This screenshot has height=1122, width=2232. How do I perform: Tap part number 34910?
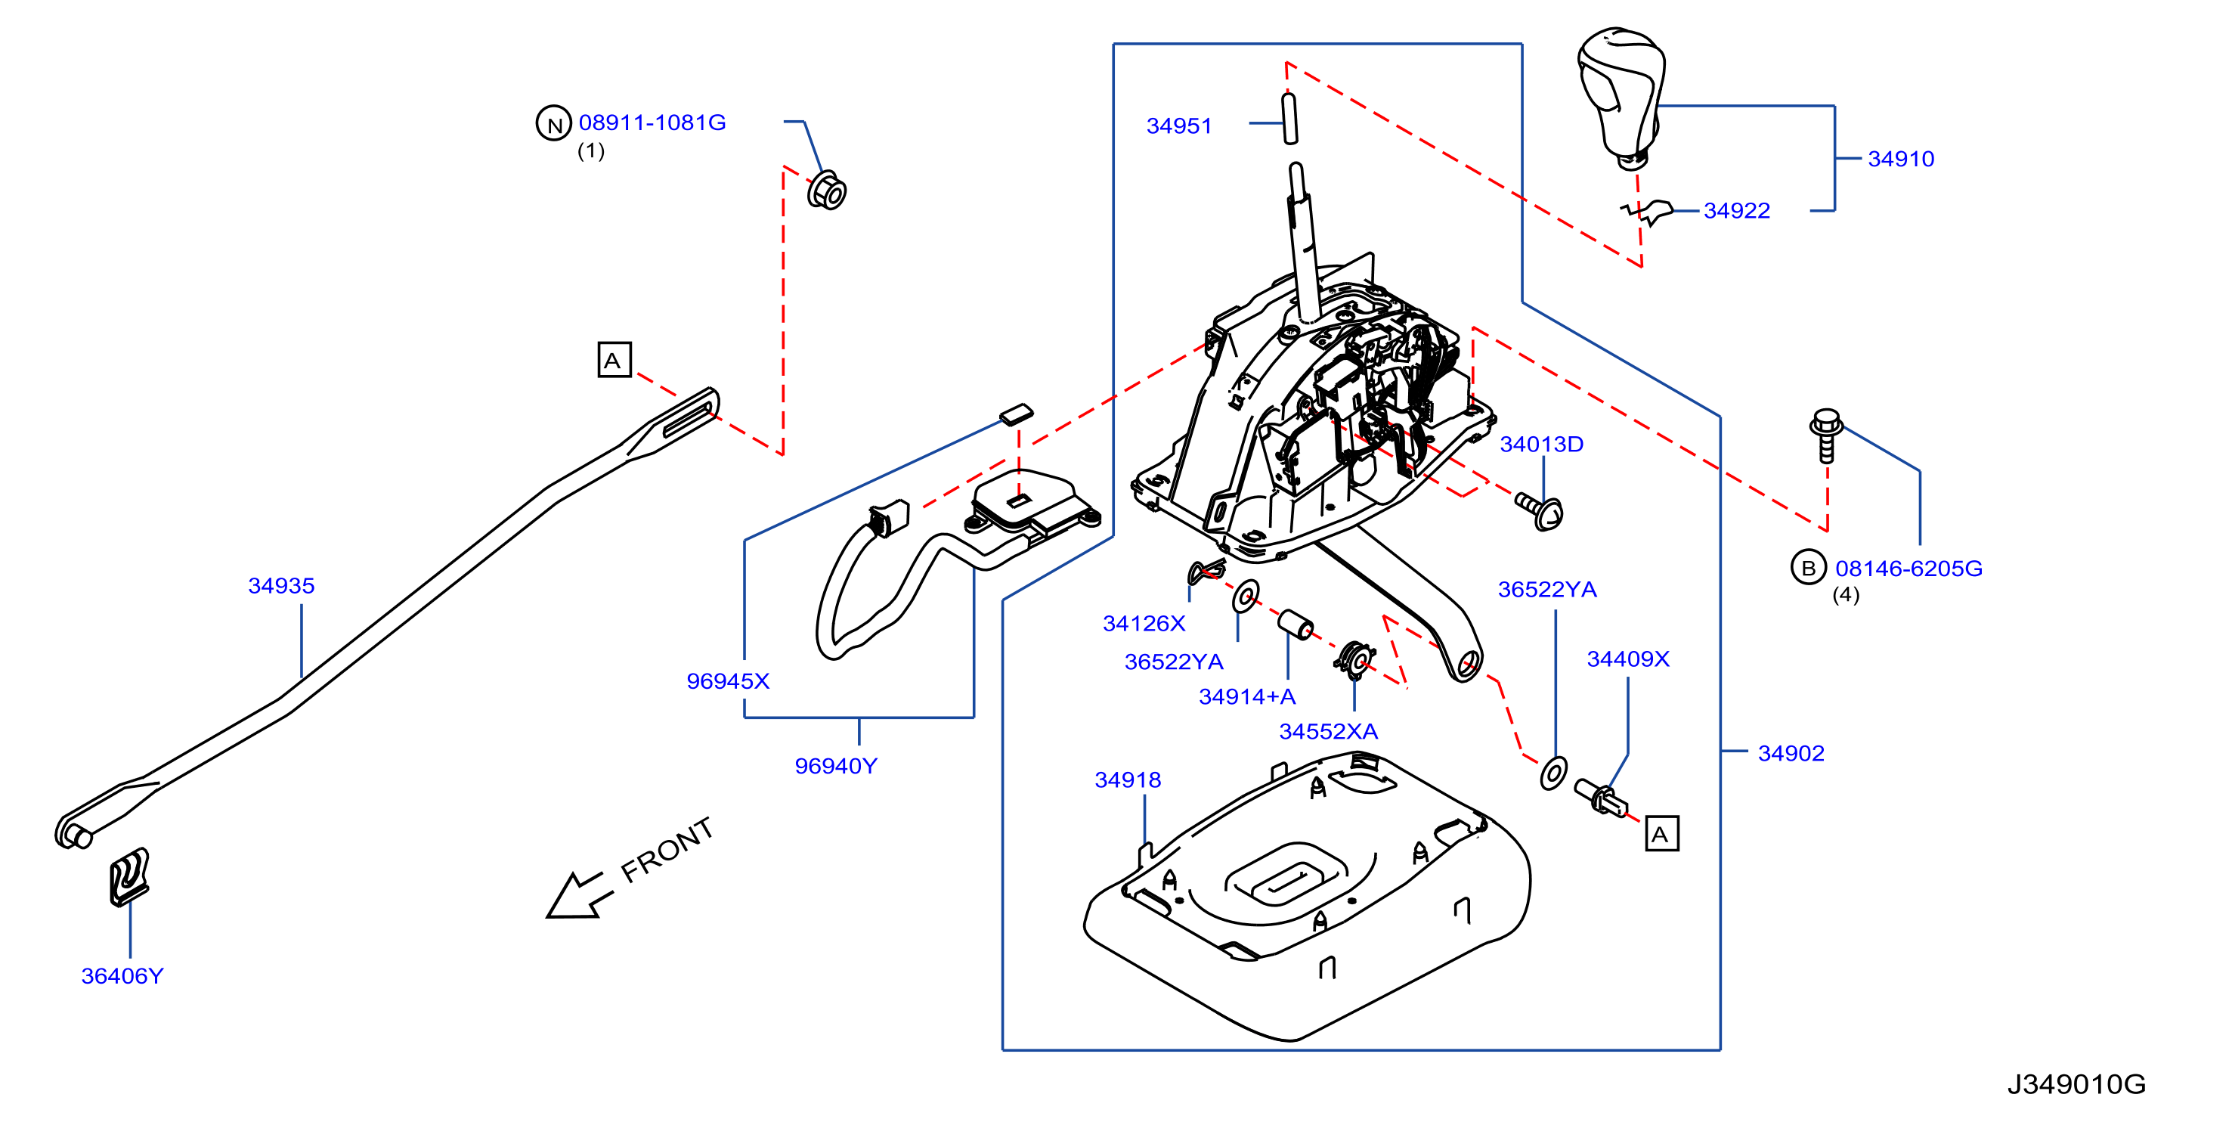pos(1901,159)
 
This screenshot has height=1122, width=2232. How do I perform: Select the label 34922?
pos(1736,210)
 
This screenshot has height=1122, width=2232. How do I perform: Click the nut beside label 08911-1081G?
pos(827,191)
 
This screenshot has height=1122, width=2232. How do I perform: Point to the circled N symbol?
pos(554,124)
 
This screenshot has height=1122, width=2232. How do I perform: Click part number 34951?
pos(1178,126)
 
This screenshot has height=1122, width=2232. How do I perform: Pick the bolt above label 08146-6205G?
pos(1825,435)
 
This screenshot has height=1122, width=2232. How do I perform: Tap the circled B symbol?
pos(1808,568)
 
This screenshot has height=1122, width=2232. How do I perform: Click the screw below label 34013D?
pos(1540,510)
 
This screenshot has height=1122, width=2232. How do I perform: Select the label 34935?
pos(282,586)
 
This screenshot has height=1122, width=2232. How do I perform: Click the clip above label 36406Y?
pos(129,877)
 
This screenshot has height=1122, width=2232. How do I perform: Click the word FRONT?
pos(667,850)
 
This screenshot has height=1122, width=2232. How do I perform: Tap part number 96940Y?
pos(836,766)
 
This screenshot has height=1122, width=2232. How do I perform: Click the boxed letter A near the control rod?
pos(614,360)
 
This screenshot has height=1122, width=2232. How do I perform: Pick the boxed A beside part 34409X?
pos(1661,833)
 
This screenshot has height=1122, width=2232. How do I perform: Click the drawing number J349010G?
pos(2076,1084)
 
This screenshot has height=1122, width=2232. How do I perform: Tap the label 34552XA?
pos(1328,731)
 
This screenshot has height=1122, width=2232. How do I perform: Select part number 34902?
pos(1791,753)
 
